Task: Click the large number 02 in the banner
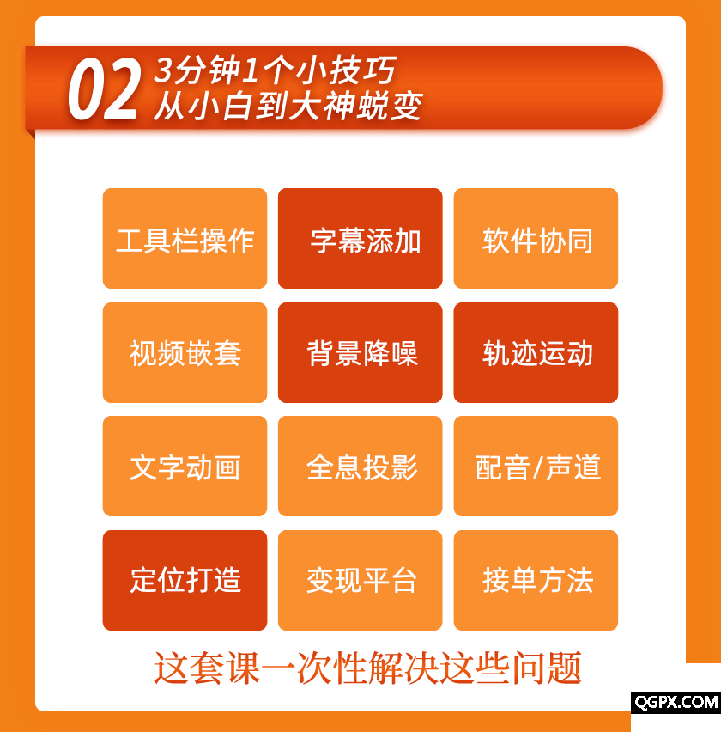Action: point(104,88)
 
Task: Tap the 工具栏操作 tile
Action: point(185,238)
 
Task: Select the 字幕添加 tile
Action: point(360,238)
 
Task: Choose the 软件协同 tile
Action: point(536,238)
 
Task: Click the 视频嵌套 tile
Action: point(185,352)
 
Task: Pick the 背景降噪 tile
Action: point(360,352)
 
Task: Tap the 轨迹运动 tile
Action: point(536,352)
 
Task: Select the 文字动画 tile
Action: point(185,466)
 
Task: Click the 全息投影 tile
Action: point(360,466)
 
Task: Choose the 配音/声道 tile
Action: point(536,466)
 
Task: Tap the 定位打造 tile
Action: point(185,580)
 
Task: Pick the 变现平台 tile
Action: point(360,580)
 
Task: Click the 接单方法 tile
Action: point(536,580)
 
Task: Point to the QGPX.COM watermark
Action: point(676,702)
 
